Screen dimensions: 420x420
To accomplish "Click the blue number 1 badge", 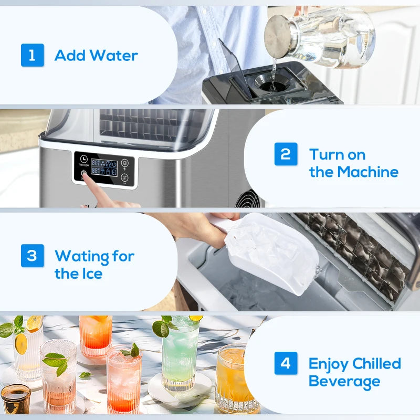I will click(33, 55).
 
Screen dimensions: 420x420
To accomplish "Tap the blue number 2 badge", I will click(286, 154).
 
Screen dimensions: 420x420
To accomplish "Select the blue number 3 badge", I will click(33, 256).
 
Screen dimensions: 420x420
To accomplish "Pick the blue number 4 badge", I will click(286, 363).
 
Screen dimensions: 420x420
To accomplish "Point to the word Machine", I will click(367, 172).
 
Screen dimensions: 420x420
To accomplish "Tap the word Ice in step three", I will click(91, 274).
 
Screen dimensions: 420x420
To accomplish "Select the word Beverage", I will click(344, 381).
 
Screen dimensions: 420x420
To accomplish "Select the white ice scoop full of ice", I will click(268, 252).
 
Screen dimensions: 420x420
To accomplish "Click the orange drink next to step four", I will click(231, 375).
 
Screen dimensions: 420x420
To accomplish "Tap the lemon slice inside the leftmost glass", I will click(21, 343).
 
